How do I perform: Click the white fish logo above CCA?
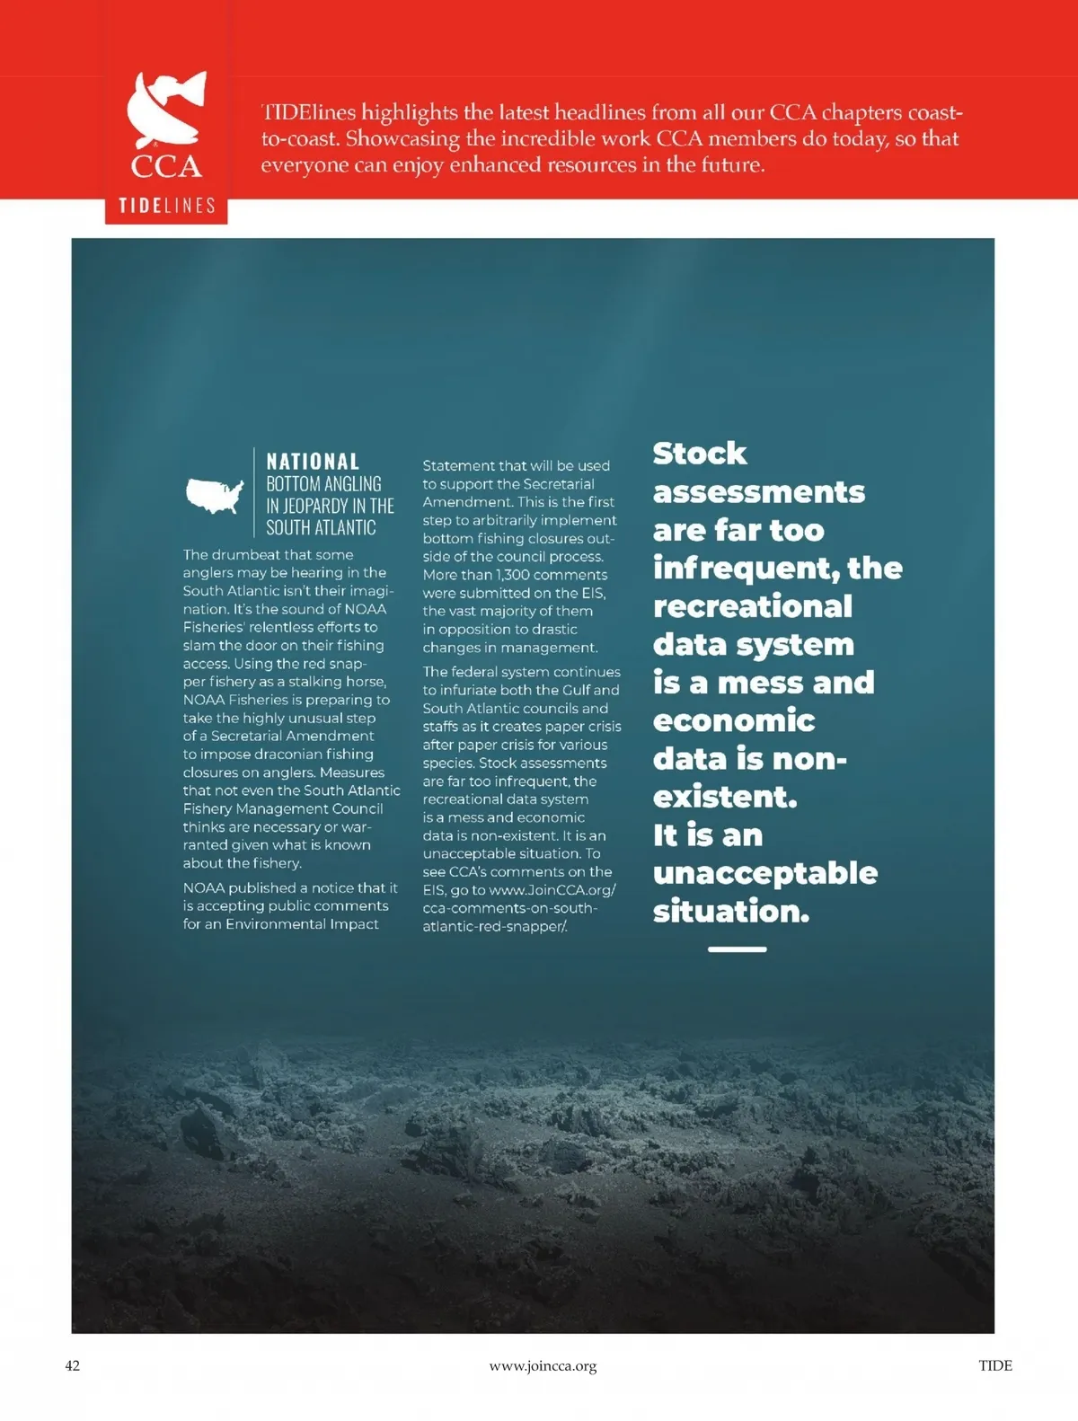point(166,110)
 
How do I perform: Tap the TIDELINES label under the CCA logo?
point(167,206)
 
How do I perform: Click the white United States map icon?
point(215,495)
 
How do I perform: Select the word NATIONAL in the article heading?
point(313,462)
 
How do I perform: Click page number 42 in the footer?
point(73,1365)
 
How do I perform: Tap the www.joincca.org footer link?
point(543,1365)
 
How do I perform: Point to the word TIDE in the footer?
point(994,1365)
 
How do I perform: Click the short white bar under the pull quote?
point(737,949)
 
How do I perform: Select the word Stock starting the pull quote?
point(699,454)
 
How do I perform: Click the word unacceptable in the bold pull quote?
point(764,873)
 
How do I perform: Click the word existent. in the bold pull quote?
point(725,797)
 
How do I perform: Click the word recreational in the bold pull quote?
point(753,606)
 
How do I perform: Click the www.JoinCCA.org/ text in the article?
point(552,890)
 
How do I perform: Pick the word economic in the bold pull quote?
point(734,720)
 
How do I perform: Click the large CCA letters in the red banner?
point(166,166)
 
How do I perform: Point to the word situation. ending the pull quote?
point(730,911)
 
